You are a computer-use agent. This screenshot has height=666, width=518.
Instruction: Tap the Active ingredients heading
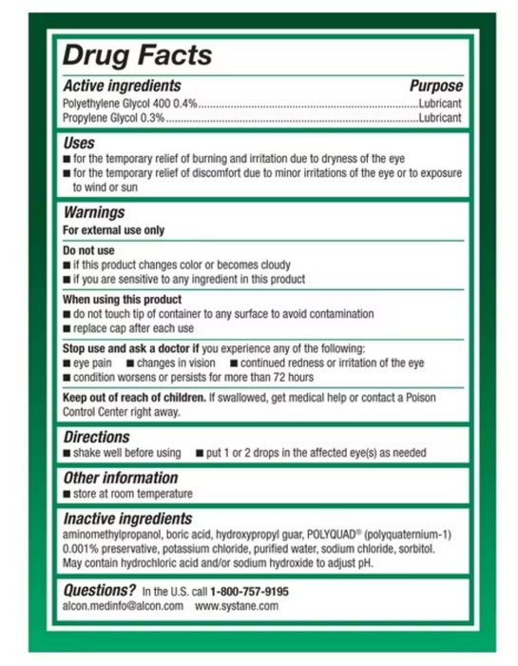(122, 86)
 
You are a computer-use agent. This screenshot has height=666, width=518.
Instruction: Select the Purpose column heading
(436, 86)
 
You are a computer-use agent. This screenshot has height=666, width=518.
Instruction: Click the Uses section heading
(79, 143)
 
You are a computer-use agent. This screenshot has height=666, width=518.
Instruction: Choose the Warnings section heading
(94, 213)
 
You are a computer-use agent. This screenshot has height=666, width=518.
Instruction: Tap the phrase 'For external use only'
(113, 230)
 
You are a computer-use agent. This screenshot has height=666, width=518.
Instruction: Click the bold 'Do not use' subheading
(88, 250)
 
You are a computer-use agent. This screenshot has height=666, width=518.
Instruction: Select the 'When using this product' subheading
(122, 299)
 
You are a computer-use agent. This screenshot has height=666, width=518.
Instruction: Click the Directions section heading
(96, 437)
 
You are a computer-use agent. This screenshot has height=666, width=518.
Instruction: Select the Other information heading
(121, 478)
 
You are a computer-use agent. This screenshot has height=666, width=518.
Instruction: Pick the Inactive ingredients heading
(127, 519)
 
